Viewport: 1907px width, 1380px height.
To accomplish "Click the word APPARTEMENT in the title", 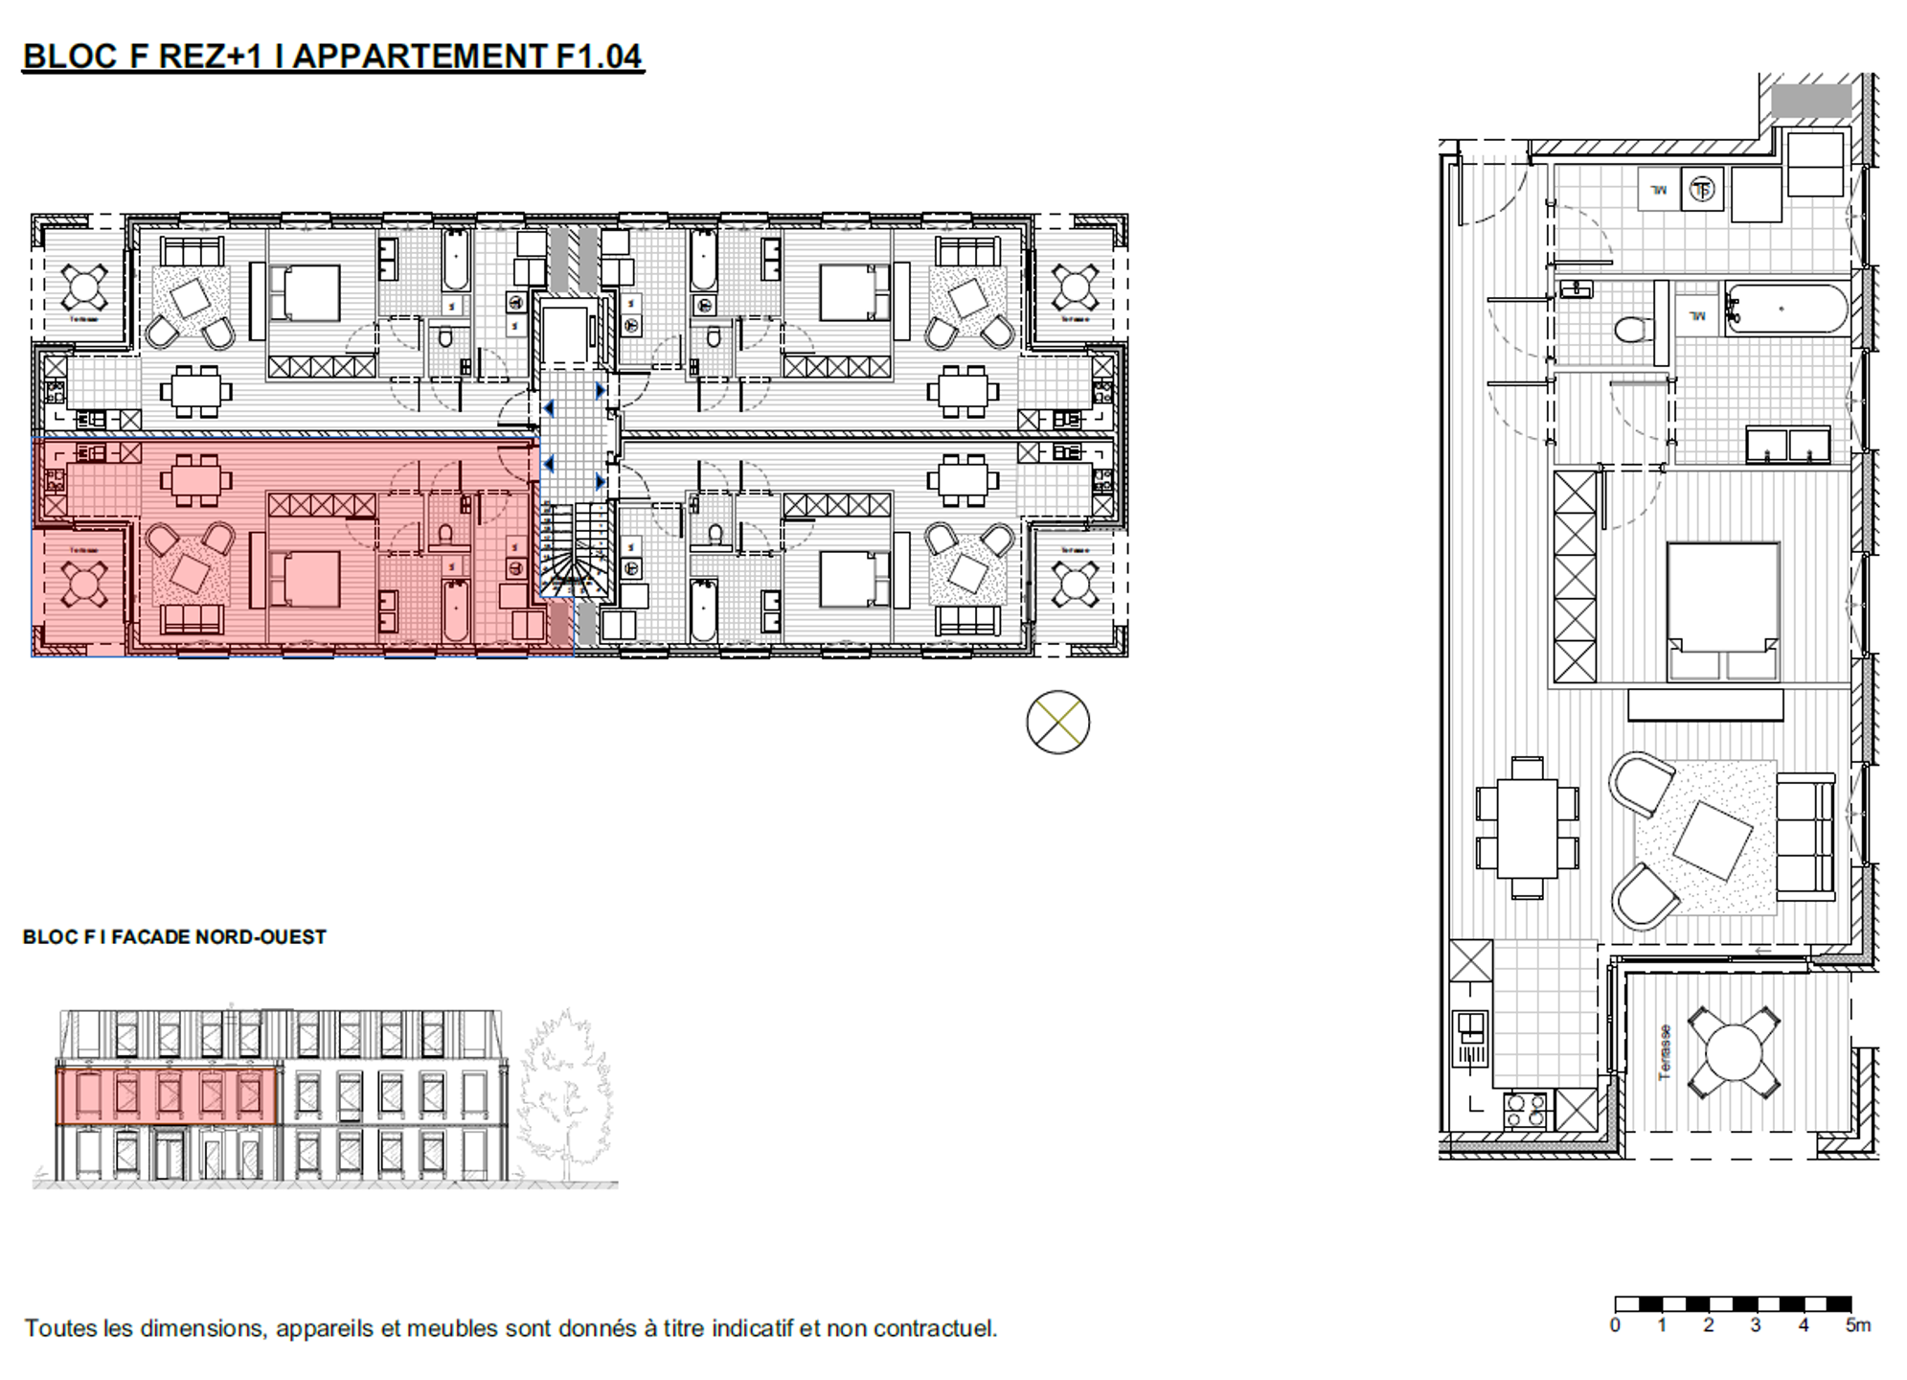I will point(419,57).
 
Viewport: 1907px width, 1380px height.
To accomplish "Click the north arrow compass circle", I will point(1057,722).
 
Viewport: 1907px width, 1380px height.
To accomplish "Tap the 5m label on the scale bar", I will point(1856,1325).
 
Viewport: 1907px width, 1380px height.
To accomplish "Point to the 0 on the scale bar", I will point(1615,1325).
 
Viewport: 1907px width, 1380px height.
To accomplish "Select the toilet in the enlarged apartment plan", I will point(1629,330).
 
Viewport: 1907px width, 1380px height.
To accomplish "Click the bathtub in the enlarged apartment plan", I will point(1785,309).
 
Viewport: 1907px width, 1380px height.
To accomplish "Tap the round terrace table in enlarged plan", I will point(1734,1051).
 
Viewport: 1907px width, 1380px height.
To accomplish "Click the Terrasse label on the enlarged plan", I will point(1665,1051).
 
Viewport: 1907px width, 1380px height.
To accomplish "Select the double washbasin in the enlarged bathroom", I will point(1787,445).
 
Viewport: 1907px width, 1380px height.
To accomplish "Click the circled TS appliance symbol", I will point(1701,190).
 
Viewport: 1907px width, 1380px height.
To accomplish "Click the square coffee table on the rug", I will point(1713,839).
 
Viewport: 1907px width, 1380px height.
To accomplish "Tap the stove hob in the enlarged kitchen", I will point(1525,1110).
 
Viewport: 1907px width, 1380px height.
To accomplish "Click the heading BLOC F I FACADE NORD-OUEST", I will point(174,936).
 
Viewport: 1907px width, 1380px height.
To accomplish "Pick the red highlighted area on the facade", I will point(167,1096).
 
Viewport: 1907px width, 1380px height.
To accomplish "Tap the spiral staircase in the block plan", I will point(575,556).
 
